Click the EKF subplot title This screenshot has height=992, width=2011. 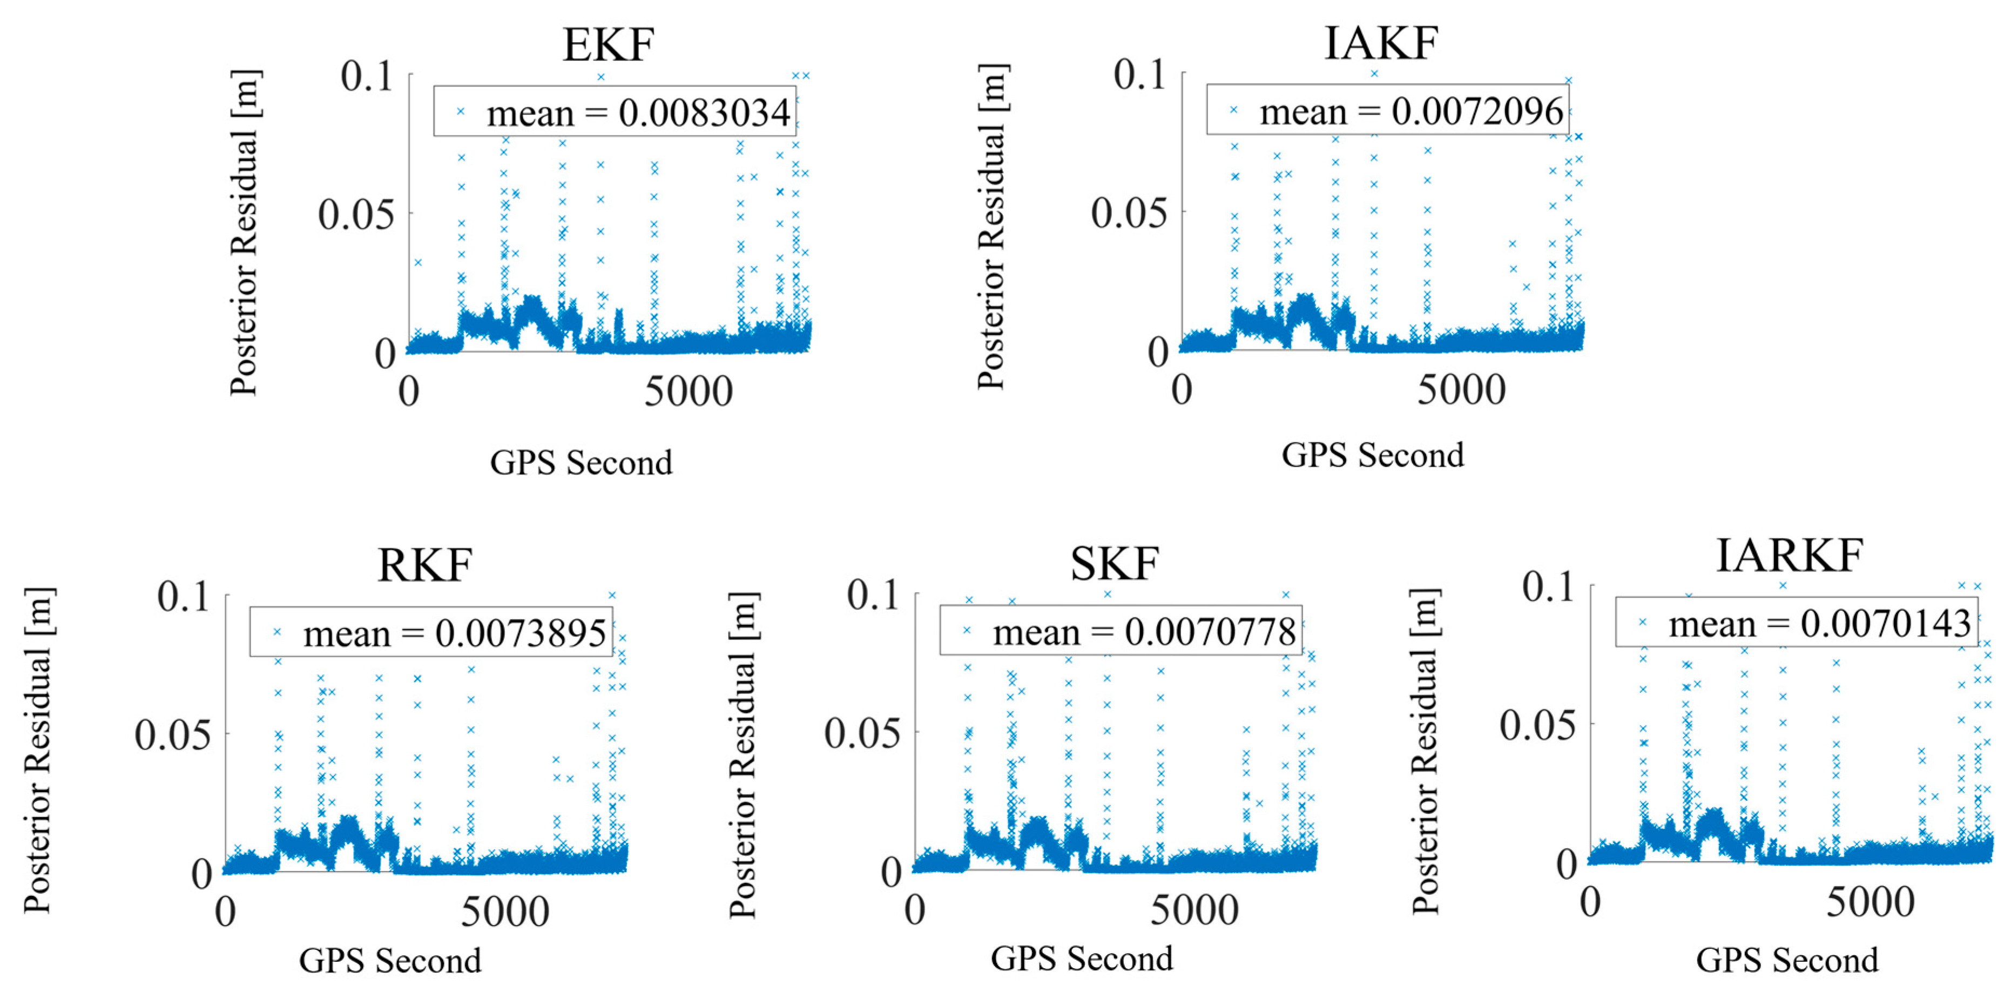tap(608, 45)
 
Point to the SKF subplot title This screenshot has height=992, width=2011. tap(1114, 564)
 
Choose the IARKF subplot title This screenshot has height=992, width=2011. tap(1789, 556)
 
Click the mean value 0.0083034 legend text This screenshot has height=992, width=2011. tap(638, 114)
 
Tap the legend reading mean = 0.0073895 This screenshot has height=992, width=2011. tap(454, 633)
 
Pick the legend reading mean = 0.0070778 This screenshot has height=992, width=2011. tap(1144, 631)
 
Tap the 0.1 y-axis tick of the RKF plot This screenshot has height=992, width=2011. tap(184, 596)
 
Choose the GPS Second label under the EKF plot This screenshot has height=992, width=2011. tap(581, 463)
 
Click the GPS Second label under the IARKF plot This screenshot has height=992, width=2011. tap(1787, 960)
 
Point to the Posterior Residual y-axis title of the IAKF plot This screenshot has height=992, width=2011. tap(992, 226)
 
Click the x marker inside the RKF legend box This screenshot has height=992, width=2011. tap(276, 631)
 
